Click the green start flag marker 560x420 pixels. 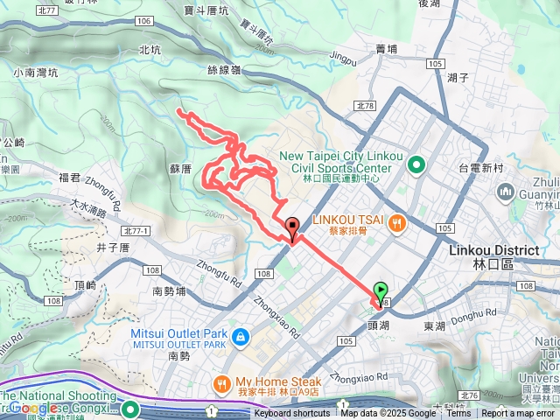click(381, 290)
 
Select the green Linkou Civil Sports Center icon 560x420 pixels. click(416, 163)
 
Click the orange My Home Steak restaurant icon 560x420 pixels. click(221, 382)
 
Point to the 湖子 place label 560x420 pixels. click(458, 78)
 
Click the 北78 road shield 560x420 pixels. click(365, 106)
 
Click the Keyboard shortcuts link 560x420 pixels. click(291, 414)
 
